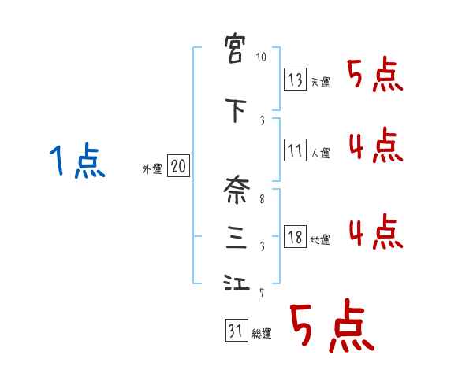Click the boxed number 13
pos(295,79)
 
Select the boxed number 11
pos(295,150)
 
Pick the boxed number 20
pos(178,167)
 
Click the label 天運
pos(320,82)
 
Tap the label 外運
pos(152,169)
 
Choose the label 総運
pos(262,334)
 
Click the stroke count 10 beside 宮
pos(262,57)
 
